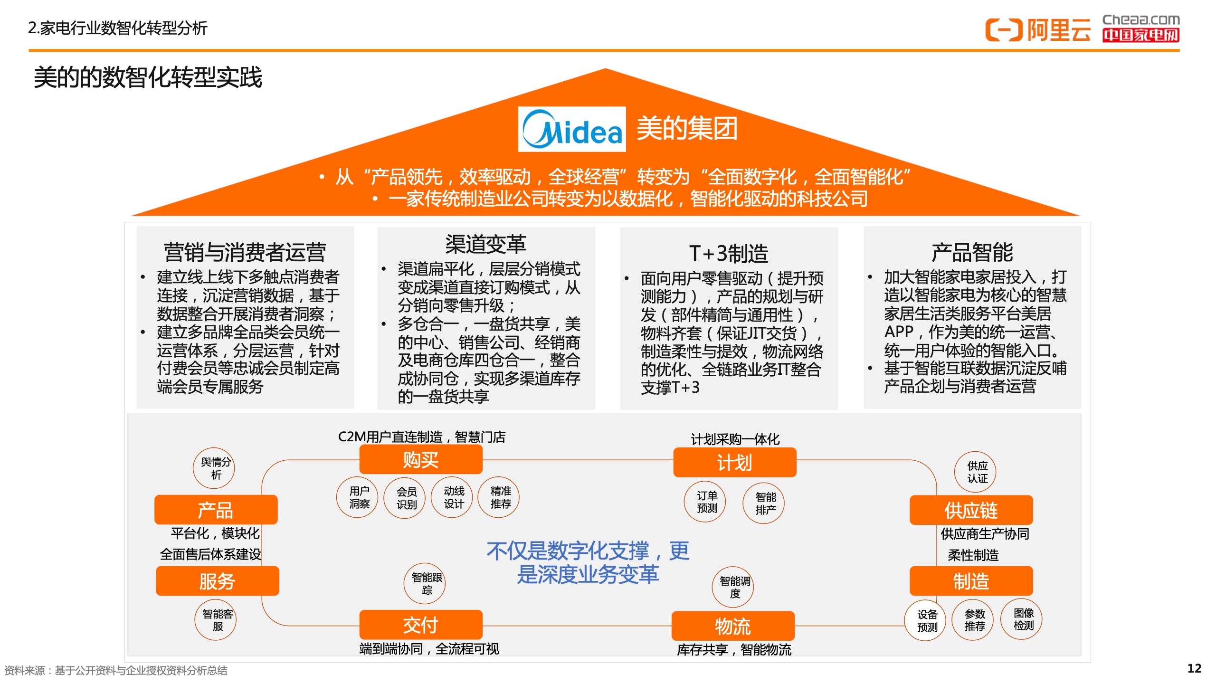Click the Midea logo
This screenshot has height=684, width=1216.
(572, 129)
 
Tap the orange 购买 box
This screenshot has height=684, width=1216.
(421, 460)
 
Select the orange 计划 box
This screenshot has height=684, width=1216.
(735, 463)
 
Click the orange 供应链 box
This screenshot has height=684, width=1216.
(971, 510)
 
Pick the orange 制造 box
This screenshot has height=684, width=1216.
(971, 581)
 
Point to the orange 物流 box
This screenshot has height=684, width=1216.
(733, 626)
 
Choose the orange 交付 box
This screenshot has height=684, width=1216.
(421, 625)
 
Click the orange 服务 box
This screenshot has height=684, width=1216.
(218, 581)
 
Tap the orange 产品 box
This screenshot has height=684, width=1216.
(216, 510)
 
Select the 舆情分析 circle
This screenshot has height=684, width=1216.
(214, 468)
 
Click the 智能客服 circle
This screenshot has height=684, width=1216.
(216, 619)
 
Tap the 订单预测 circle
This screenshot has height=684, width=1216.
(705, 502)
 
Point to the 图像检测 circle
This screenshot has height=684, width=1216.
(1021, 619)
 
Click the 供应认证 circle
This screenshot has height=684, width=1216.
(976, 472)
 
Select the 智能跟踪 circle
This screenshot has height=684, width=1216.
(425, 583)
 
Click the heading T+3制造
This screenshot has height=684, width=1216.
(729, 253)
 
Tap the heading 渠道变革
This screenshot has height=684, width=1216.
(486, 244)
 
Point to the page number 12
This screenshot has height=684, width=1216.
(1194, 668)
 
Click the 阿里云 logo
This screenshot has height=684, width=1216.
(1038, 30)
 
